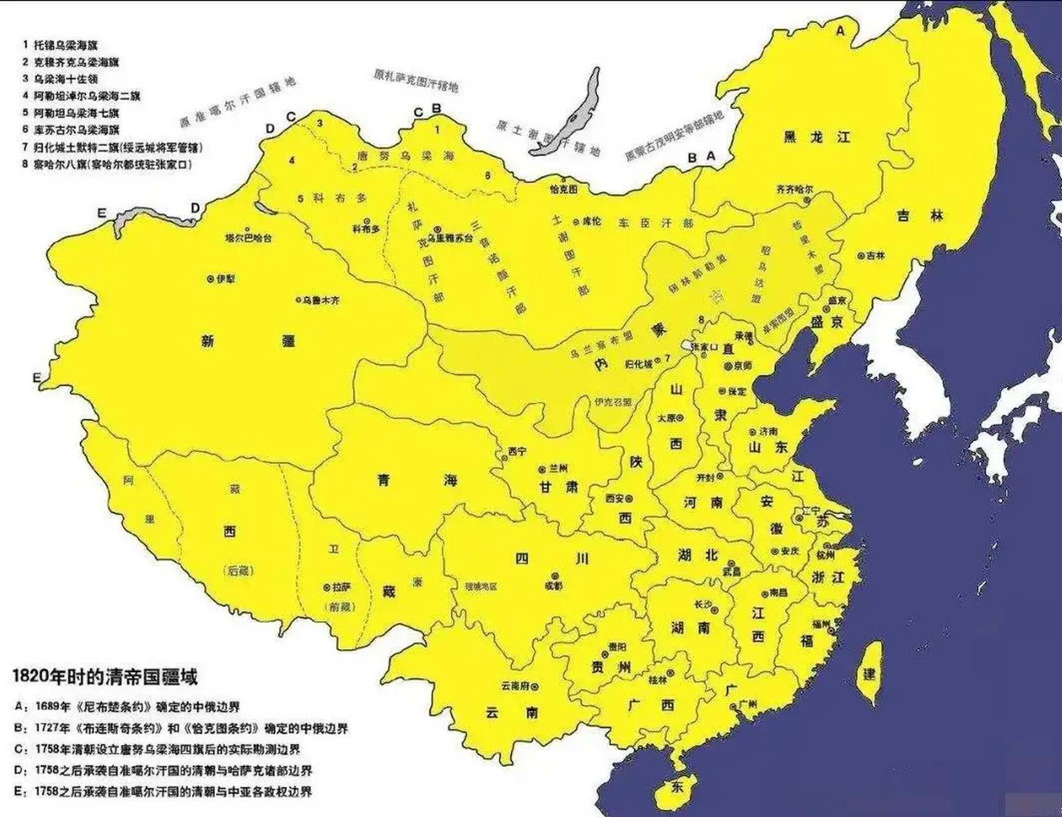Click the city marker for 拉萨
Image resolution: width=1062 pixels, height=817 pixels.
coord(327,587)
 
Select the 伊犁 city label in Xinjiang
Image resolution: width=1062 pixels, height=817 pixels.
coord(225,279)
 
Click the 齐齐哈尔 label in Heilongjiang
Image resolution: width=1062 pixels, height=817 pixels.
coord(794,190)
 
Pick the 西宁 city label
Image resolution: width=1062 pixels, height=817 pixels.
coord(517,451)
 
